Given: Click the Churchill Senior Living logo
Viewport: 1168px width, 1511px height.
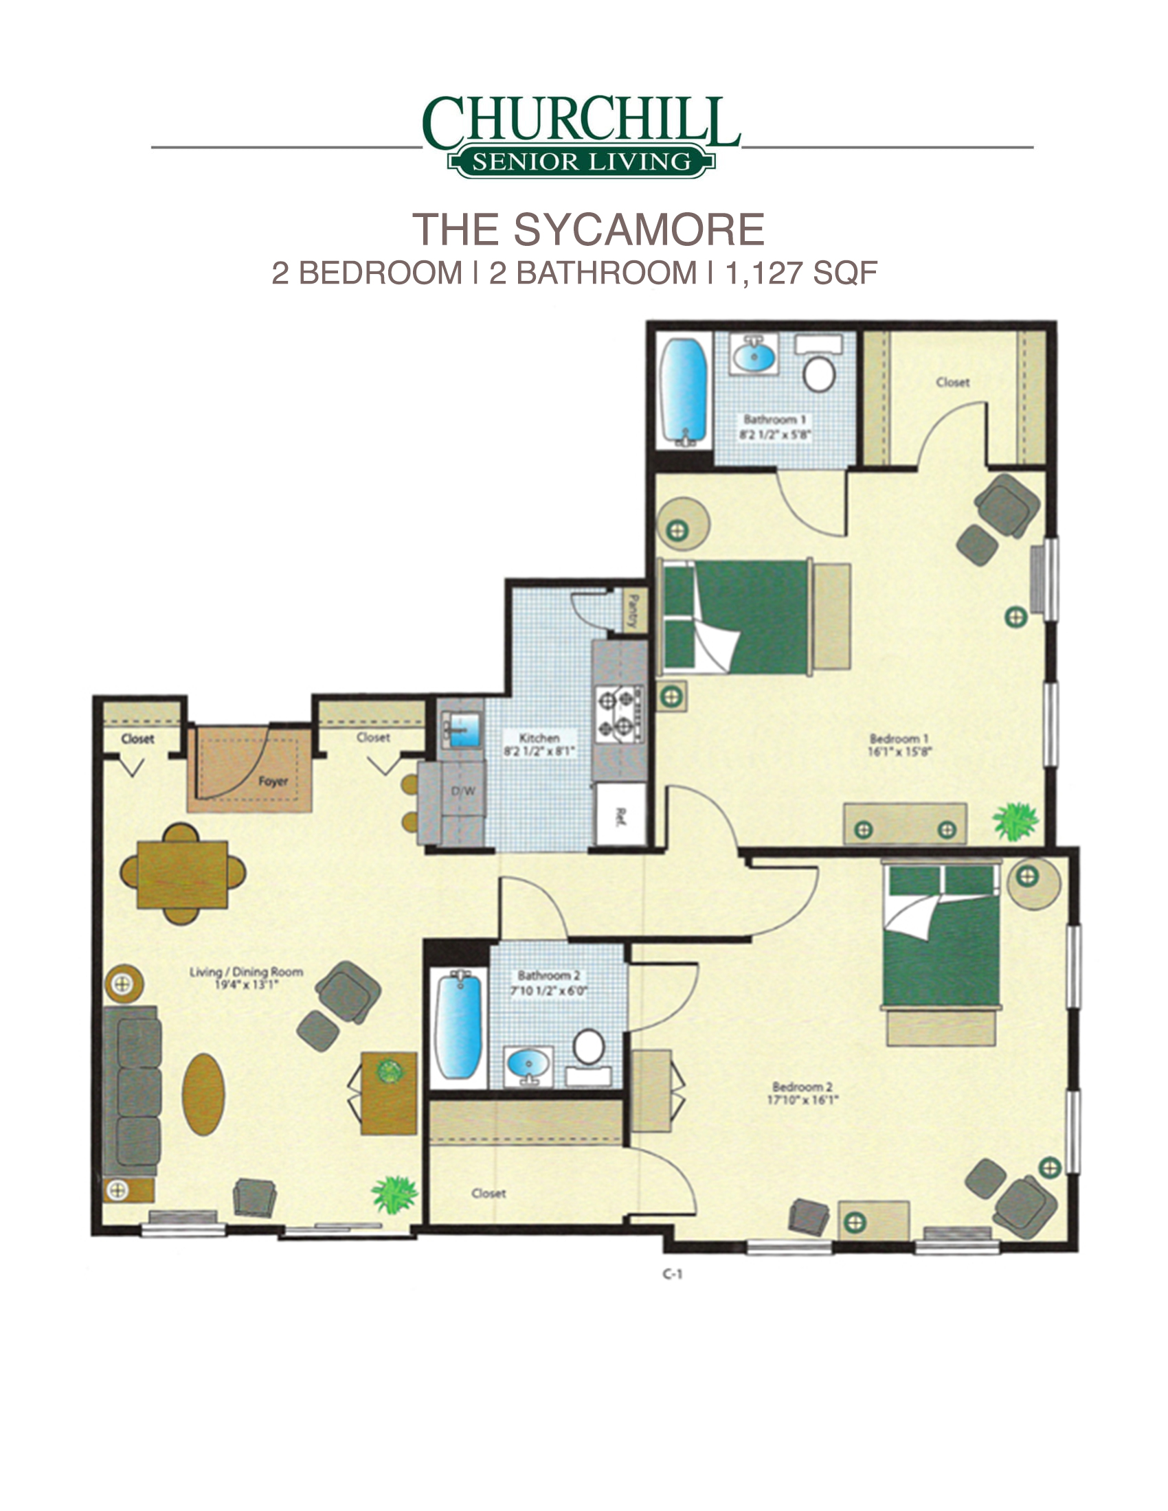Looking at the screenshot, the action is tap(582, 136).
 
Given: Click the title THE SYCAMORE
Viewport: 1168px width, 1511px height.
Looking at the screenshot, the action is tap(588, 229).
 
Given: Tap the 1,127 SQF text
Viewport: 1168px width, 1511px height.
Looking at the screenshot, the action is tap(801, 273).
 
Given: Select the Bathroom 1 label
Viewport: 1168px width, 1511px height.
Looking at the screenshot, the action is tap(774, 419).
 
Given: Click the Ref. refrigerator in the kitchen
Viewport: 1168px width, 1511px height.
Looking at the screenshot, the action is tap(620, 815).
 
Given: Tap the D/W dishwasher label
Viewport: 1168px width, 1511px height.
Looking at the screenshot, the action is tap(463, 791).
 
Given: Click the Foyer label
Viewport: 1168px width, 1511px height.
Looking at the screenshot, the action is tap(273, 781).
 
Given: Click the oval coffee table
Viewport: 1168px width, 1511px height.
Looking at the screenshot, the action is tap(203, 1094).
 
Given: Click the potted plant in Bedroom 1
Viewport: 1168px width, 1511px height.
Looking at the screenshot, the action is tap(1015, 821).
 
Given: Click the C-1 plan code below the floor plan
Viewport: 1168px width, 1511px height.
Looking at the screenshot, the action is tap(672, 1273).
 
